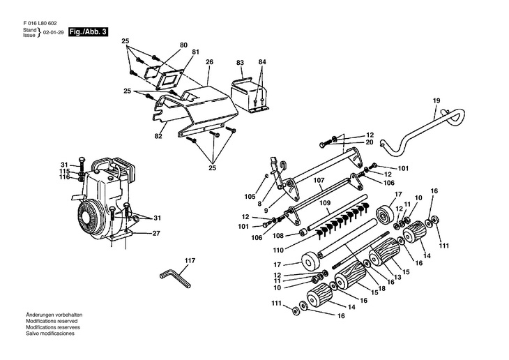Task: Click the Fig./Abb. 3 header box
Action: pos(89,32)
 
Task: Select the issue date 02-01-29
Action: pos(54,33)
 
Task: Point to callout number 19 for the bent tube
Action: pos(436,102)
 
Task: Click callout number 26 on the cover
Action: pos(208,62)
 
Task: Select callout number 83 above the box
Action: pos(240,62)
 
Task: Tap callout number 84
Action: pos(262,62)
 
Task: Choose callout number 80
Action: pos(183,45)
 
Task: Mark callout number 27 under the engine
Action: pos(156,234)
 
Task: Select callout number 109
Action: pos(324,203)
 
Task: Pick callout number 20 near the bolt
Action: pos(370,142)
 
